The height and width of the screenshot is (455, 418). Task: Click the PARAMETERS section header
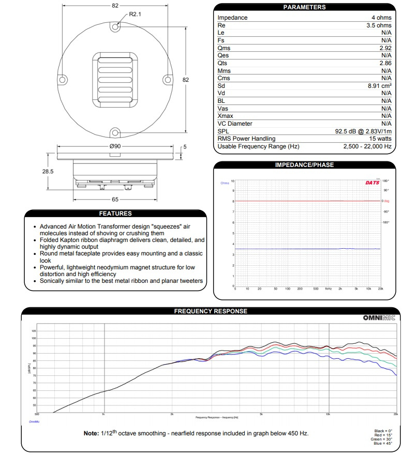point(304,7)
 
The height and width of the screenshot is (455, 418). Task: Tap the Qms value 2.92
point(385,48)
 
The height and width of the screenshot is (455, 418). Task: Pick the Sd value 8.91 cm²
point(379,86)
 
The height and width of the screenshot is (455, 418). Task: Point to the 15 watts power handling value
point(381,139)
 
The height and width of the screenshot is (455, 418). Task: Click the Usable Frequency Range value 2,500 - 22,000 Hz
point(367,146)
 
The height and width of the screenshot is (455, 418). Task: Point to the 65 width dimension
point(115,199)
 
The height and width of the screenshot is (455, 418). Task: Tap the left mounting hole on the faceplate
point(63,80)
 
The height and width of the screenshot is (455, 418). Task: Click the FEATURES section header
point(115,213)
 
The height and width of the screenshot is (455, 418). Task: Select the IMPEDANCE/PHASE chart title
point(304,165)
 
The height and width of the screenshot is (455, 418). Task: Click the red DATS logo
point(372,183)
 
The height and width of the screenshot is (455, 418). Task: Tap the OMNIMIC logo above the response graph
point(379,318)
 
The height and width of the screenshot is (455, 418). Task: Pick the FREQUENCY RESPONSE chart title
point(211,311)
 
